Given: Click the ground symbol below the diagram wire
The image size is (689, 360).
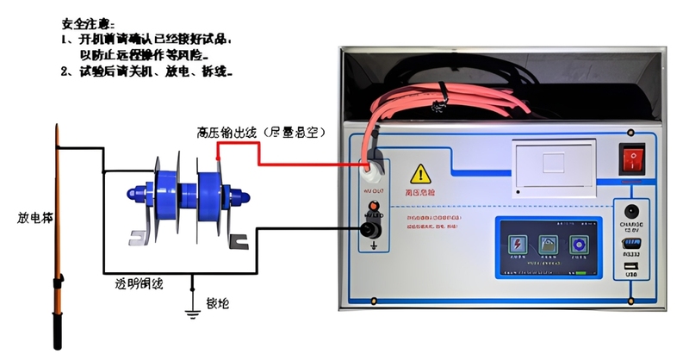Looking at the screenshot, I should pyautogui.click(x=192, y=309).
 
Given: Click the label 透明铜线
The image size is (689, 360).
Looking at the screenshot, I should pyautogui.click(x=140, y=282).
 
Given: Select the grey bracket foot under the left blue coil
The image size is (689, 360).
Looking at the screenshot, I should pyautogui.click(x=140, y=238).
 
